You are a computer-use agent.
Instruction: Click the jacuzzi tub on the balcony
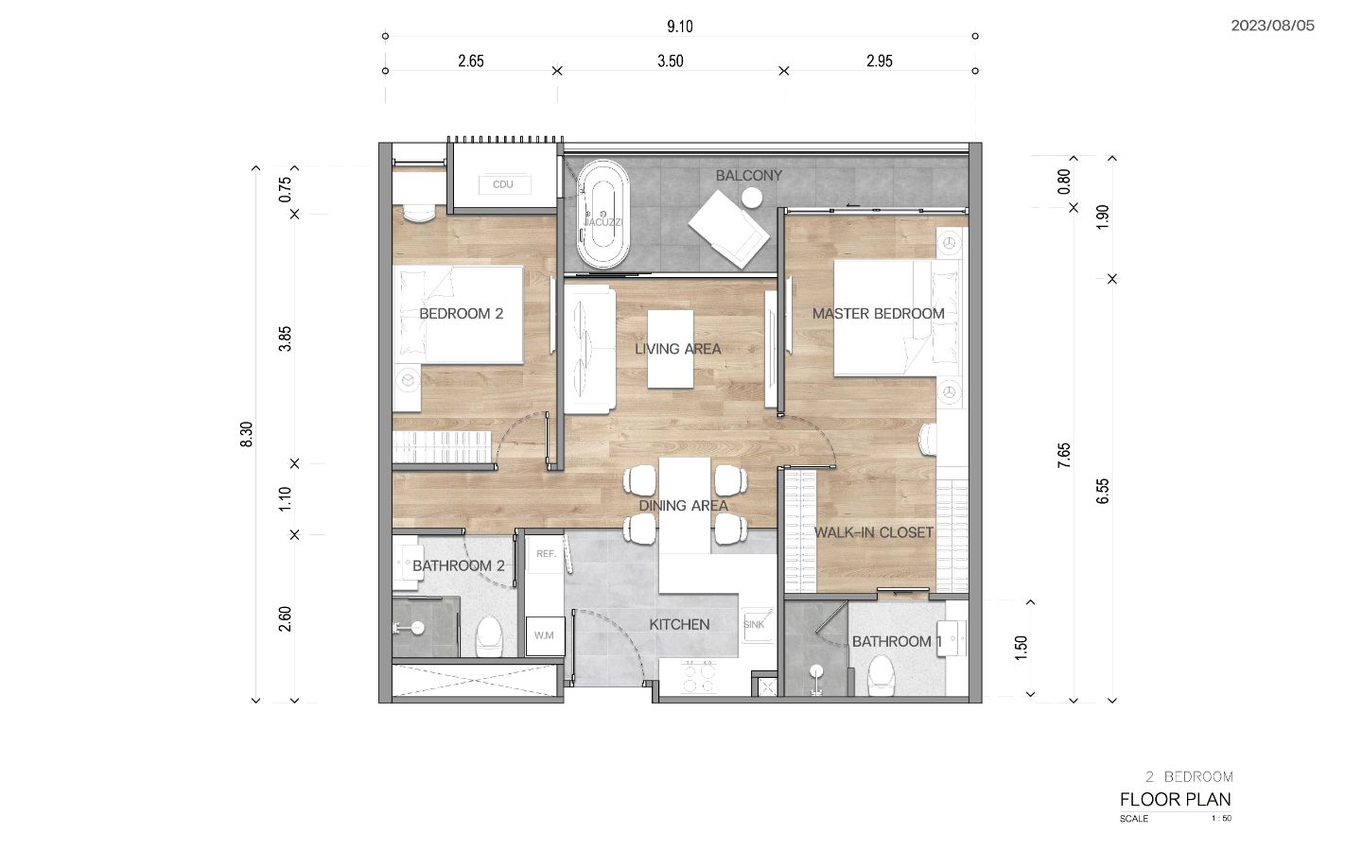click(602, 214)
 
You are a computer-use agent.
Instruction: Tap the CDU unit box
click(503, 184)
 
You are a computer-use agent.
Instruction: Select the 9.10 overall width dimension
click(680, 26)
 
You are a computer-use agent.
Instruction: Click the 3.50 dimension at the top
click(670, 61)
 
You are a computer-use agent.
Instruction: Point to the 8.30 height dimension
click(246, 435)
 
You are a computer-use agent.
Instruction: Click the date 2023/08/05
click(1273, 26)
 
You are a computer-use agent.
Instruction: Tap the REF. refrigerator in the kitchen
click(546, 554)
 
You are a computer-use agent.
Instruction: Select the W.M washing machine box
click(545, 635)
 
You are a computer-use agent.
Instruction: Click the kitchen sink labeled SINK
click(757, 624)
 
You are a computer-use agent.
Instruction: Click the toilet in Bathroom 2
click(489, 635)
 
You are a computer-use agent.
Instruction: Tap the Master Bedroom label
click(879, 314)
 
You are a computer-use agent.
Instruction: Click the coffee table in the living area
click(670, 349)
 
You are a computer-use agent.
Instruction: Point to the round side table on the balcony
click(752, 199)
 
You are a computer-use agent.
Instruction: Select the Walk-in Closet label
click(874, 532)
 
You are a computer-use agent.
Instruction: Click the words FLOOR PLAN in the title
click(1176, 799)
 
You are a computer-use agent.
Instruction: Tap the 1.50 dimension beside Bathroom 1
click(1021, 648)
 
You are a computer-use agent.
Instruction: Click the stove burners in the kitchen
click(699, 678)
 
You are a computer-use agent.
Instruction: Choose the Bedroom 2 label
click(462, 314)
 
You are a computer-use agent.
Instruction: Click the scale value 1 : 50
click(1221, 819)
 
